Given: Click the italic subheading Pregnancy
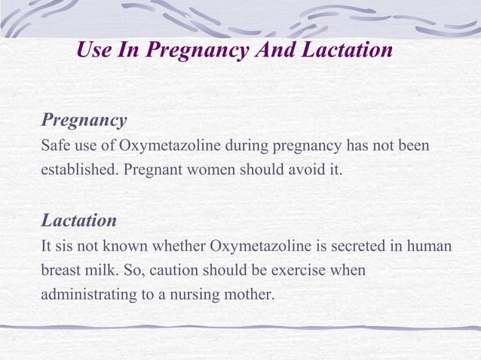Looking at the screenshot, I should (x=84, y=121).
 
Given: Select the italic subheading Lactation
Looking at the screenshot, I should (x=78, y=221).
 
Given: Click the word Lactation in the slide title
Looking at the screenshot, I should (x=348, y=51).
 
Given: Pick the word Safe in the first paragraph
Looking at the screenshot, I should (x=55, y=145).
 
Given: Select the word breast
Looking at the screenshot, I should (x=60, y=270).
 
